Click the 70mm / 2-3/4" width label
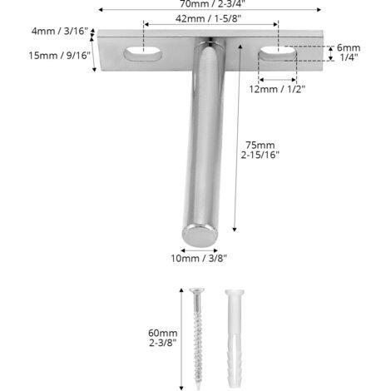pyautogui.click(x=213, y=3)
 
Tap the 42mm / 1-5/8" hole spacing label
pyautogui.click(x=208, y=18)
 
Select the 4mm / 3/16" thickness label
pyautogui.click(x=60, y=31)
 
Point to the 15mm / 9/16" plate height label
pyautogui.click(x=60, y=56)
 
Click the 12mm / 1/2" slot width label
pyautogui.click(x=277, y=89)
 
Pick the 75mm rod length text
pyautogui.click(x=260, y=145)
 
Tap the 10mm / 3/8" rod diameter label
pyautogui.click(x=199, y=259)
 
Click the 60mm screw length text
pyautogui.click(x=163, y=333)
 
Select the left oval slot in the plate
pyautogui.click(x=143, y=53)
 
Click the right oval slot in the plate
pyautogui.click(x=278, y=53)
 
